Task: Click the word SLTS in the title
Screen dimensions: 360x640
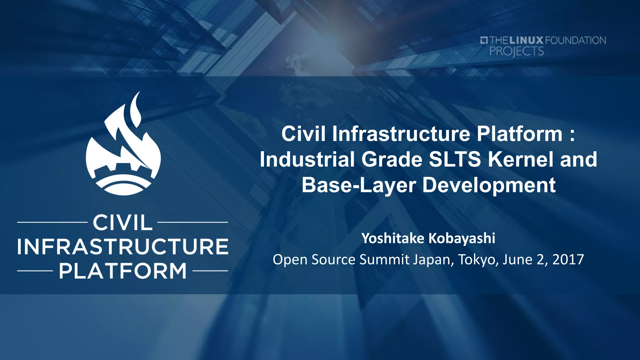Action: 455,159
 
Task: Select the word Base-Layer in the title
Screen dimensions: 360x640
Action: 358,185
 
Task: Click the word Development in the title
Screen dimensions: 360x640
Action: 489,185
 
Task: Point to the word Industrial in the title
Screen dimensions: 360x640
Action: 307,159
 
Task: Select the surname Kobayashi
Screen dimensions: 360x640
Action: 462,238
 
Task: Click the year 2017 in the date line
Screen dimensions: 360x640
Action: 568,259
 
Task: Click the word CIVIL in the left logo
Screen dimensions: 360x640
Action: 122,223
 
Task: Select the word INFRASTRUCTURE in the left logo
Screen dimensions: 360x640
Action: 123,247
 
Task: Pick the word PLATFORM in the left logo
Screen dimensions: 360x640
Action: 123,271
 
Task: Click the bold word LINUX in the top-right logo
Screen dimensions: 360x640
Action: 527,40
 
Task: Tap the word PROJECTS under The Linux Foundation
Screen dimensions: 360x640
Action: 517,51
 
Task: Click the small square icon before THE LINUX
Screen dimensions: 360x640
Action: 484,40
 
